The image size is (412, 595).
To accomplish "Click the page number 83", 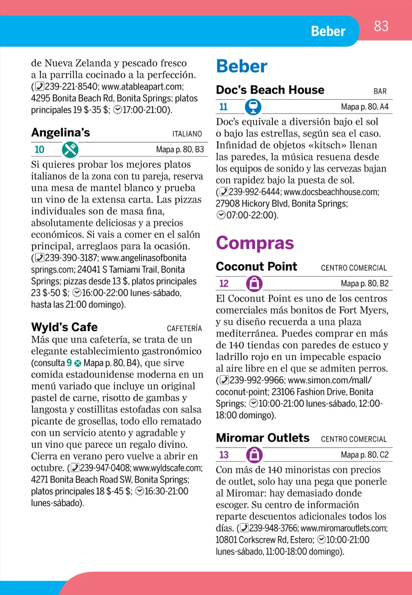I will coord(381,26).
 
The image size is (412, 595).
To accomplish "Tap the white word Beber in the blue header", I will coord(328,31).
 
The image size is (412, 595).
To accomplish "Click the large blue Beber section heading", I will coord(242,66).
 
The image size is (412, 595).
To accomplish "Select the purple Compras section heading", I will coord(255,243).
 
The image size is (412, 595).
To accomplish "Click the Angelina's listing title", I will coord(60,133).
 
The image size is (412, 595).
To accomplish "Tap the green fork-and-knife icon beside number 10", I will coord(70,150).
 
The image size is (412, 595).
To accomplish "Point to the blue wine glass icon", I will coord(253,107).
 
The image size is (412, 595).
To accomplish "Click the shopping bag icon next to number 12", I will coord(254,283).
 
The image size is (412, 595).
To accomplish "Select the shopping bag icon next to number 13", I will coord(254,455).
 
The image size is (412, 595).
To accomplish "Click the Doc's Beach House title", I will coord(270,90).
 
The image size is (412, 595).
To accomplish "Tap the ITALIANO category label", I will coord(187,134).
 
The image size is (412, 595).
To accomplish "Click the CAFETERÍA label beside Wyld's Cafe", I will coord(184,328).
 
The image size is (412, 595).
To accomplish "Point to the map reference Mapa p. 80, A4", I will coord(365,107).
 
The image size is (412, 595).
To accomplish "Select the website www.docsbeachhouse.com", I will coord(331,192).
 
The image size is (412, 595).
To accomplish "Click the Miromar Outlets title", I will coord(263,438).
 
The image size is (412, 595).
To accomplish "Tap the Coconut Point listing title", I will coord(256,267).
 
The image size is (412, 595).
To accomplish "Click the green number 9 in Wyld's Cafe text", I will coord(69,363).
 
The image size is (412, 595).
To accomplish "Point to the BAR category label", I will coord(380,91).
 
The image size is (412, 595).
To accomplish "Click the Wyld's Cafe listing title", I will coord(64,327).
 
